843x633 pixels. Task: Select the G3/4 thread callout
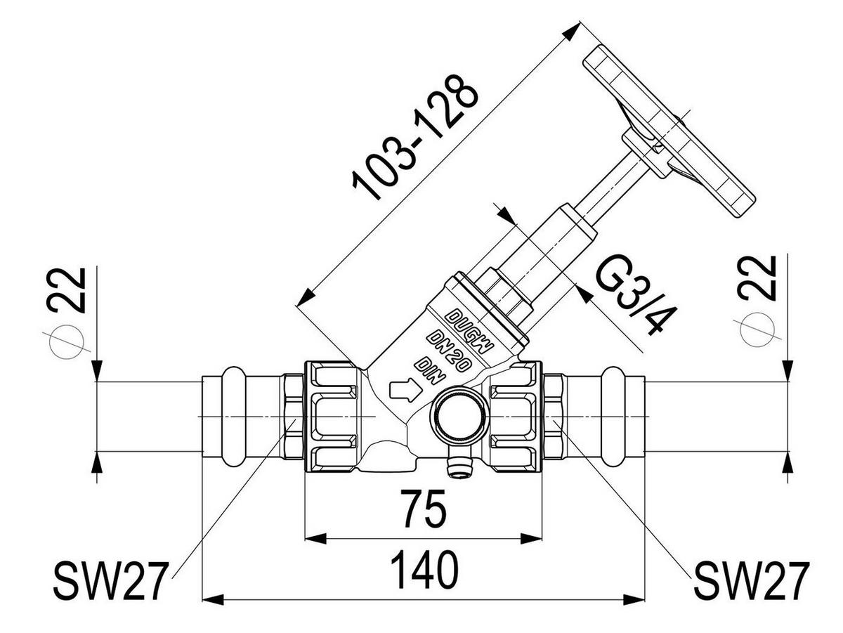coord(635,294)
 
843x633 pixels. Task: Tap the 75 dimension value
coord(425,508)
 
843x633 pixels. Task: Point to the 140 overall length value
coord(424,570)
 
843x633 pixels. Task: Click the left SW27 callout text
coord(111,581)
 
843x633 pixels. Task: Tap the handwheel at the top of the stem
coord(669,131)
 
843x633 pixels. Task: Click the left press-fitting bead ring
coord(233,416)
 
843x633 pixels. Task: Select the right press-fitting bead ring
coord(613,416)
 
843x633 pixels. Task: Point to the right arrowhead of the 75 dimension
coord(531,539)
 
